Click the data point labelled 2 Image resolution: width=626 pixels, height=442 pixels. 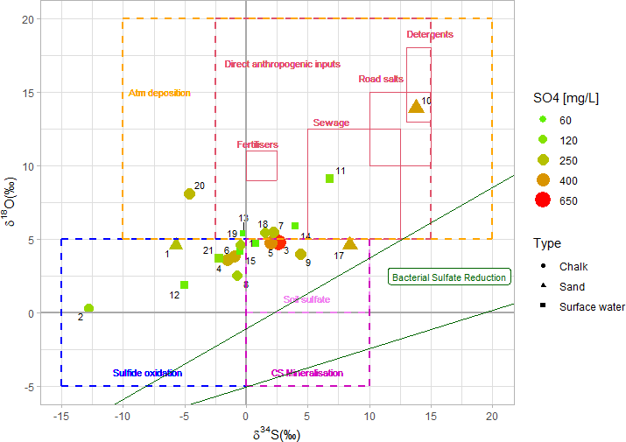pyautogui.click(x=88, y=308)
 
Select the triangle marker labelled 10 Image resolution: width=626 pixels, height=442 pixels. pyautogui.click(x=416, y=107)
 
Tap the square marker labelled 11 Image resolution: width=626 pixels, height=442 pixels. pyautogui.click(x=329, y=179)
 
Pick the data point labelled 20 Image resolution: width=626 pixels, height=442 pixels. pyautogui.click(x=189, y=193)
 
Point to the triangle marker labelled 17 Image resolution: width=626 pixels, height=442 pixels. pyautogui.click(x=350, y=243)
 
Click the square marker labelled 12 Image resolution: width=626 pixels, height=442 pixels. pyautogui.click(x=184, y=284)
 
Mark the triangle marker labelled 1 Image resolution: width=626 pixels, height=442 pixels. pyautogui.click(x=176, y=244)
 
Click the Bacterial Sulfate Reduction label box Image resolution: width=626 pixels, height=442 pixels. pyautogui.click(x=449, y=277)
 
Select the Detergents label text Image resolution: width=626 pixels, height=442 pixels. pyautogui.click(x=430, y=34)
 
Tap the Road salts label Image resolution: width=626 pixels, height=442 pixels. pyautogui.click(x=381, y=79)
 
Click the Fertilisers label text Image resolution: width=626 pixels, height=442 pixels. pyautogui.click(x=257, y=144)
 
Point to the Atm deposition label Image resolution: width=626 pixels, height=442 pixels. pyautogui.click(x=159, y=93)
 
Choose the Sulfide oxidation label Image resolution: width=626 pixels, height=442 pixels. pyautogui.click(x=147, y=373)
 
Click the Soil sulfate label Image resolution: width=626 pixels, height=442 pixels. pyautogui.click(x=307, y=300)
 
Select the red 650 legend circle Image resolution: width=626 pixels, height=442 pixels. pyautogui.click(x=542, y=200)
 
